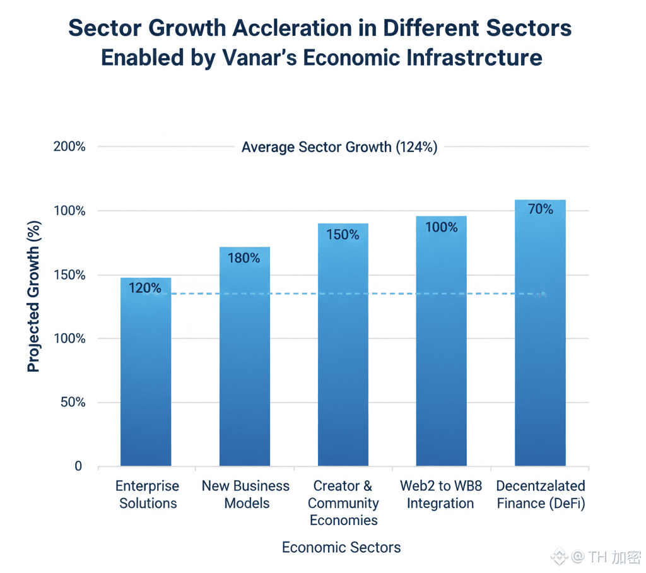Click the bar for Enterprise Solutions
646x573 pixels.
(x=146, y=379)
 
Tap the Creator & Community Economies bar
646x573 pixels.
(x=343, y=353)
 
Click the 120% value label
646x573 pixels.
(x=145, y=288)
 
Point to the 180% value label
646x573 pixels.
(x=244, y=258)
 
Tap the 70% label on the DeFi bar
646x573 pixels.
(x=540, y=210)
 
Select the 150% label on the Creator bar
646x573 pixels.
(x=343, y=235)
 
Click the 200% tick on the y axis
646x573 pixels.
(x=69, y=147)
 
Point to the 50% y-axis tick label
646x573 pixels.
(x=73, y=403)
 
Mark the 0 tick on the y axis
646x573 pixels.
(x=78, y=466)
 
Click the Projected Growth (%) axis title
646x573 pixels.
(x=33, y=296)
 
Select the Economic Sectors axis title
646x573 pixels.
(x=341, y=547)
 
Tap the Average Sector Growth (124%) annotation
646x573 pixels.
(x=339, y=148)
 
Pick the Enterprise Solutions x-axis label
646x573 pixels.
(x=148, y=495)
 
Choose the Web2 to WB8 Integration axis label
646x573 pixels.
(x=440, y=495)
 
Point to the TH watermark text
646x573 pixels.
(x=597, y=557)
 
